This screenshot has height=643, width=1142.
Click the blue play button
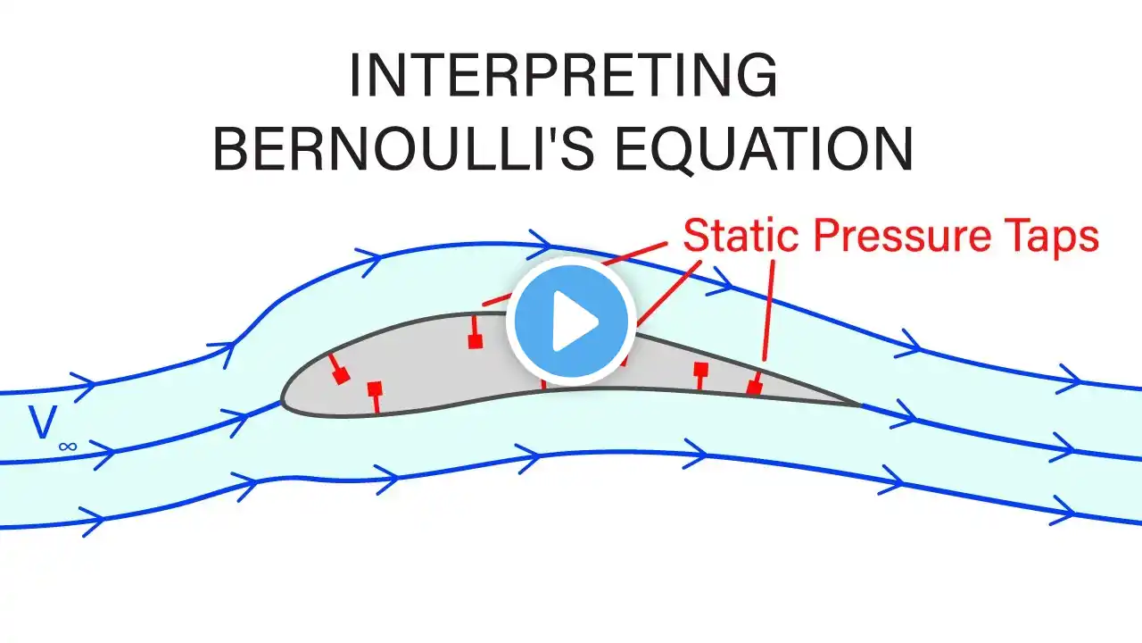click(571, 321)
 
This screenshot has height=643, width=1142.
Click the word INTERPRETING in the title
click(563, 76)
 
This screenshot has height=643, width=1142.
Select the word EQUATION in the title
click(764, 149)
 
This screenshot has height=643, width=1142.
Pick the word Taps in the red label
click(1054, 238)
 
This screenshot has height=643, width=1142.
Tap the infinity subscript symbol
click(68, 447)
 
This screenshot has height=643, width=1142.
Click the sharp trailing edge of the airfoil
click(859, 405)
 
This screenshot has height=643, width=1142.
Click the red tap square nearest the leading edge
click(341, 376)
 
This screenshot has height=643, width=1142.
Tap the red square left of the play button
click(476, 341)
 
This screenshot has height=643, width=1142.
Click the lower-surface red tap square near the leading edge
click(375, 388)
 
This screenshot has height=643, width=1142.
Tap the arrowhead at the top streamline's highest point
click(540, 244)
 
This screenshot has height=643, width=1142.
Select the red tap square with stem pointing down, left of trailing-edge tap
click(701, 370)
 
